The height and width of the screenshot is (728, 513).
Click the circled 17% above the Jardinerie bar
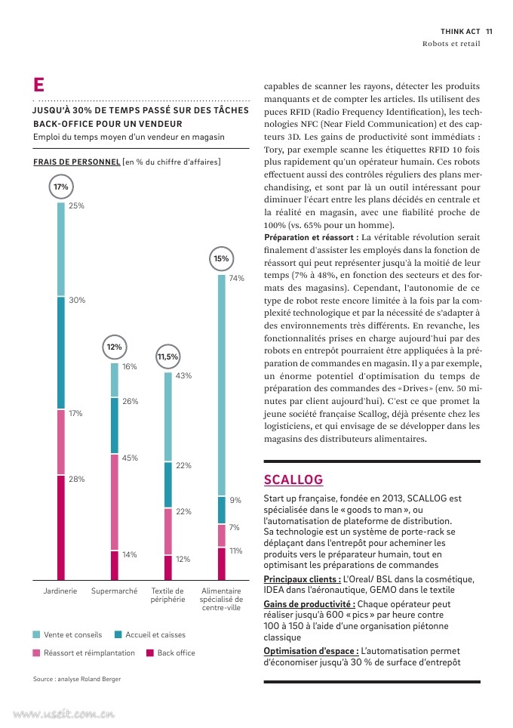(61, 187)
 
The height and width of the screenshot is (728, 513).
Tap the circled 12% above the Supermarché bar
(114, 347)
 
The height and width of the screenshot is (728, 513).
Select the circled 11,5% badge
(167, 356)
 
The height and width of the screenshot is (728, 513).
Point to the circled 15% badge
(221, 258)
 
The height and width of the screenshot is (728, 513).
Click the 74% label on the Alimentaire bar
(237, 278)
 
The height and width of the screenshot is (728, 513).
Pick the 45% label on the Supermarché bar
(130, 458)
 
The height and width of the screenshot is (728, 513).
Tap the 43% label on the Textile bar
(183, 375)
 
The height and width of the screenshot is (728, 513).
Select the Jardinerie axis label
(60, 591)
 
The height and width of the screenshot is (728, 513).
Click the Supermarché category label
(114, 591)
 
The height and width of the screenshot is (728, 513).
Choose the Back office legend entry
(170, 652)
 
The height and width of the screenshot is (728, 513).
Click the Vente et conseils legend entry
(67, 634)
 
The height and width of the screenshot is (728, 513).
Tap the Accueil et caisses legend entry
(150, 634)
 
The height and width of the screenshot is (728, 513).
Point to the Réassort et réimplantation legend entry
(84, 652)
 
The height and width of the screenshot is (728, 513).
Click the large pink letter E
(39, 85)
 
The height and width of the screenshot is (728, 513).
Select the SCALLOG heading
(293, 480)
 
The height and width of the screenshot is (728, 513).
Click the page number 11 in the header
(489, 32)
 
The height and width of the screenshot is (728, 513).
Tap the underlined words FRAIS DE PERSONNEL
(76, 162)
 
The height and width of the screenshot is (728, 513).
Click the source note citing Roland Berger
(77, 679)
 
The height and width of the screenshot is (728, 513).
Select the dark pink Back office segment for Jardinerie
(61, 528)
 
